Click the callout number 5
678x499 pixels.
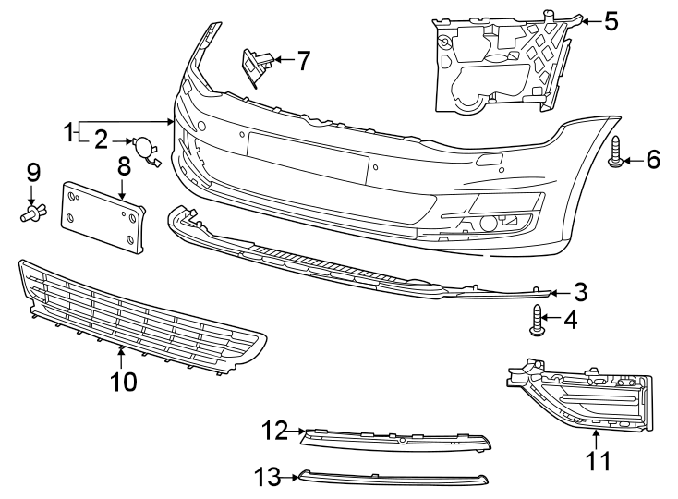[x=611, y=20]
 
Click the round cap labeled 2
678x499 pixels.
[x=146, y=148]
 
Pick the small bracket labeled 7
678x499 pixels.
[x=254, y=67]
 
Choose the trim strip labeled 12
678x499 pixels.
[x=397, y=439]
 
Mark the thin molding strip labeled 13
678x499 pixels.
[x=393, y=479]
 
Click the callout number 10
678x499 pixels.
[x=123, y=380]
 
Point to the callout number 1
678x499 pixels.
[x=67, y=131]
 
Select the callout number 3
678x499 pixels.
[x=580, y=293]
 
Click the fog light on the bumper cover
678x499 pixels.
[x=487, y=223]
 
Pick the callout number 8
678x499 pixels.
[x=123, y=167]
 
